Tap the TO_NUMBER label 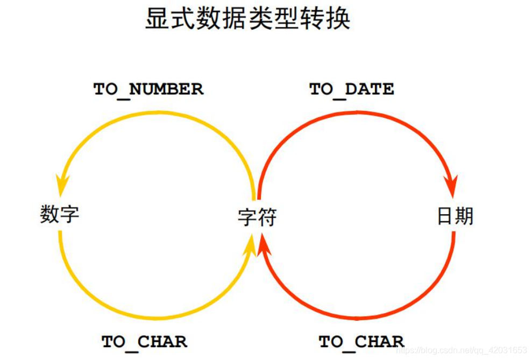(148, 89)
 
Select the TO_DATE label (352, 89)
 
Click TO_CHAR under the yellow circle (144, 341)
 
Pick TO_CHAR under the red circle (361, 341)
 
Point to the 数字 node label (60, 214)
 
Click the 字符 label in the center (257, 217)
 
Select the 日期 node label (455, 216)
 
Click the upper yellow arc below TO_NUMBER (156, 114)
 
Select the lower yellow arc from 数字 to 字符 (156, 317)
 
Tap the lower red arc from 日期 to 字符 (358, 317)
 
